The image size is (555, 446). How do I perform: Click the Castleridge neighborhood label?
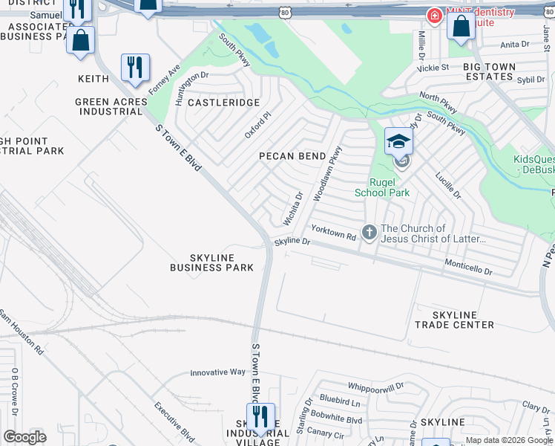223,103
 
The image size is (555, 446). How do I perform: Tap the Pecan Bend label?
292,156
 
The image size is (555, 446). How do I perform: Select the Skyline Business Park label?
211,262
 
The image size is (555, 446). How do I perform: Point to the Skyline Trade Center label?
454,320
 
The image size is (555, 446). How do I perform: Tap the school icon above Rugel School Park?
398,140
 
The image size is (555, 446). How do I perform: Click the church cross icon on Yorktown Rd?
369,233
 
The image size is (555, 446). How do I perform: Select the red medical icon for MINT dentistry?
433,15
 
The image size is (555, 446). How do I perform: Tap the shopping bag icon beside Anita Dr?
461,27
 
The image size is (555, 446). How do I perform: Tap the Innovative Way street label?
217,372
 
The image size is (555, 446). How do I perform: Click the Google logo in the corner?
24,437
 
